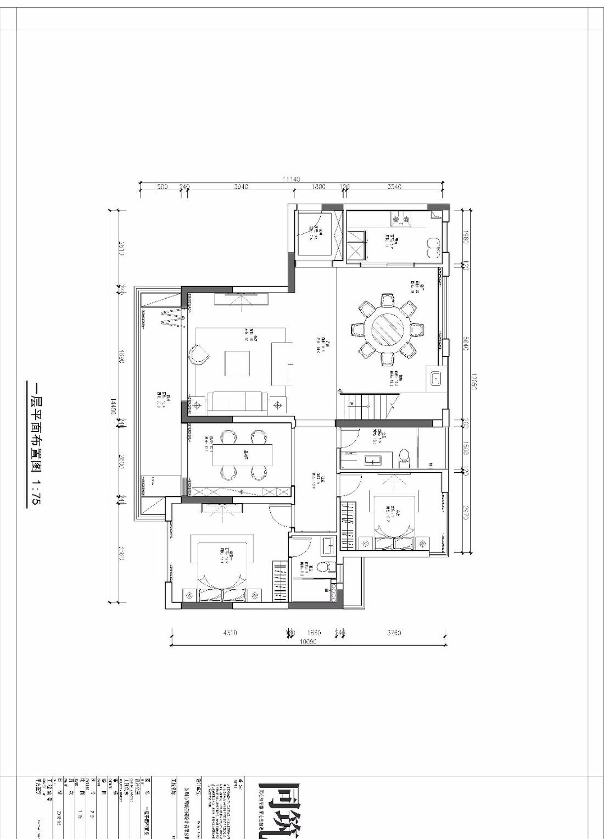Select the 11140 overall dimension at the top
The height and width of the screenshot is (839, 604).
coord(291,179)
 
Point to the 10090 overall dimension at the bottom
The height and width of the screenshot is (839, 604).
coord(307,641)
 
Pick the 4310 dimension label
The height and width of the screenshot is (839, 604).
coord(230,633)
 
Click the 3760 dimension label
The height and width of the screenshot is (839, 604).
coord(394,633)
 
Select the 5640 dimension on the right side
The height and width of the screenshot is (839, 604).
coord(465,344)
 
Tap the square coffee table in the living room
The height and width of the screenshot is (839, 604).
coord(237,363)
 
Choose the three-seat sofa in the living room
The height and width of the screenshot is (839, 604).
coord(236,402)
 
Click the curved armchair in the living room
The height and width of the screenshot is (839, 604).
coord(198,354)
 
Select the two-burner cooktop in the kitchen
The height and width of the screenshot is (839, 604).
coord(400,220)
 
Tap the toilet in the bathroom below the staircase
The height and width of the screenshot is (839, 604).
coord(405,457)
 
